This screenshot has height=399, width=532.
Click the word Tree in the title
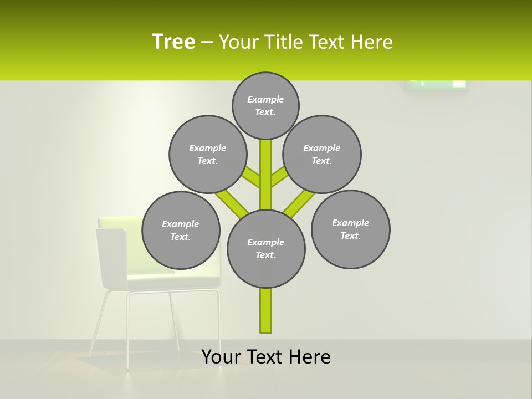click(x=173, y=42)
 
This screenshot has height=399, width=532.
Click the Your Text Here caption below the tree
click(x=266, y=357)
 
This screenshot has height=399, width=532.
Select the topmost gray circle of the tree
click(x=265, y=105)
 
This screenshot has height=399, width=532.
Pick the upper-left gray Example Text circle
click(x=208, y=154)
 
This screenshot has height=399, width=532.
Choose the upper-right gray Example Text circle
click(x=322, y=154)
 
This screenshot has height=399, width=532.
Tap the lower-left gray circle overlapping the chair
click(x=181, y=230)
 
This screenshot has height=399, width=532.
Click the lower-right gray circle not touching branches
click(x=351, y=229)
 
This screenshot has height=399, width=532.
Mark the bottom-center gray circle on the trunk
click(x=266, y=249)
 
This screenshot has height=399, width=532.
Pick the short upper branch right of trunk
click(x=279, y=177)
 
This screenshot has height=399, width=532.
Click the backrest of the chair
click(x=111, y=258)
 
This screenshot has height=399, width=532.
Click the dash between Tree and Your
click(x=207, y=43)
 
